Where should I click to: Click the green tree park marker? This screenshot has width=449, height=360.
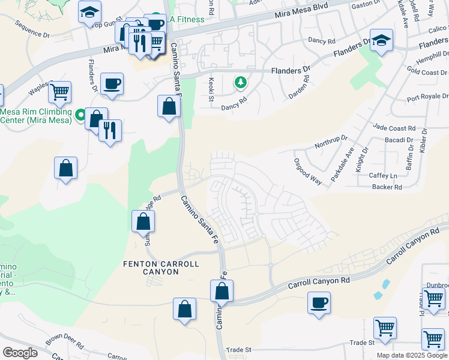pyautogui.click(x=241, y=82)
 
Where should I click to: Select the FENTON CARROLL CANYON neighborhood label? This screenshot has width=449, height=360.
pyautogui.click(x=151, y=268)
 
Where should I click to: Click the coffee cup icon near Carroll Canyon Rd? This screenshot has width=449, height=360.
pyautogui.click(x=319, y=302)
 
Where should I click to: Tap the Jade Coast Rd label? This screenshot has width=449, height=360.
pyautogui.click(x=394, y=128)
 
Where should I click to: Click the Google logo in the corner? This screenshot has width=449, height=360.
pyautogui.click(x=20, y=353)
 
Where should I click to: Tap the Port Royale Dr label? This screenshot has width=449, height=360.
pyautogui.click(x=427, y=97)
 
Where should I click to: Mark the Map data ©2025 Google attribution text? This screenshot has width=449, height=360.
pyautogui.click(x=412, y=355)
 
